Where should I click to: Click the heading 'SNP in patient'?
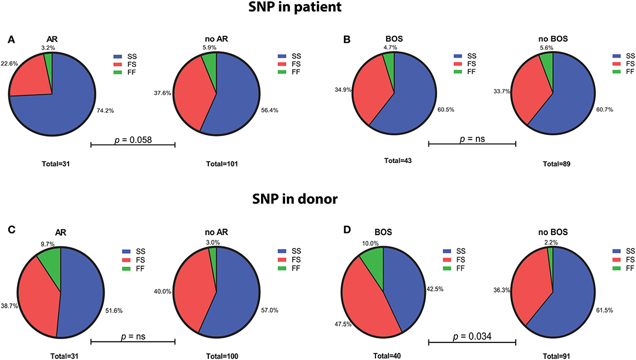click(317, 11)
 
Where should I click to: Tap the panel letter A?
click(11, 39)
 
